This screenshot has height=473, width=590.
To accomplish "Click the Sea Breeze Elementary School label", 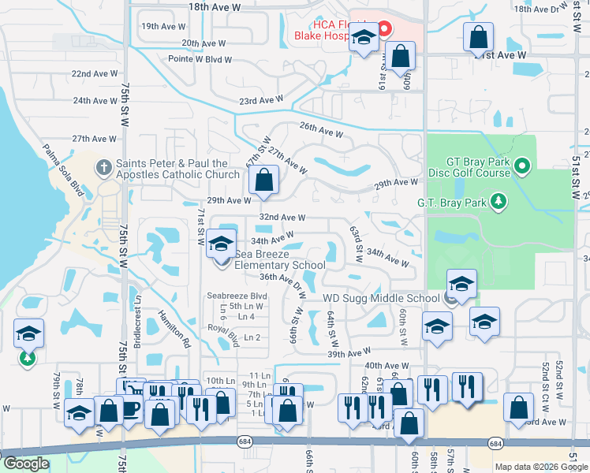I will pos(280,259).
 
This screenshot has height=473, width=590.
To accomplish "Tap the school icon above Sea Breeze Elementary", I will pos(222,242).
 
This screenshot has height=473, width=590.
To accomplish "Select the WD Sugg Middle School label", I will pos(381,298).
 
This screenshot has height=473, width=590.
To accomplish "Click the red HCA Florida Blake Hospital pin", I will pos(385,31).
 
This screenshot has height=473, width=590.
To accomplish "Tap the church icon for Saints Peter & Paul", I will pos(103,167).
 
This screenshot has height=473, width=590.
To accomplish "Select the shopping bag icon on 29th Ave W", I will pos(264,180).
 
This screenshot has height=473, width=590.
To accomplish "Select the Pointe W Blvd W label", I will pos(200,59).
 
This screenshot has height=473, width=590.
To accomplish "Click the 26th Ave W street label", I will pos(320,128).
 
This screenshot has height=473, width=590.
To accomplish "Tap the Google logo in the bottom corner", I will pos(25,464).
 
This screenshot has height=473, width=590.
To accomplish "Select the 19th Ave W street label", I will pos(162,26).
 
